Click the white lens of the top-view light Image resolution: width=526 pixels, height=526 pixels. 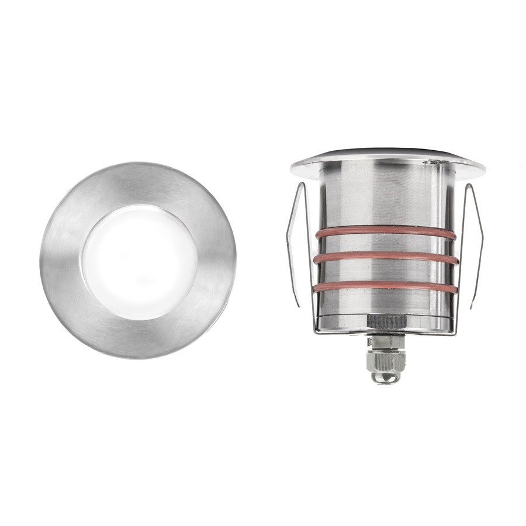[139, 260]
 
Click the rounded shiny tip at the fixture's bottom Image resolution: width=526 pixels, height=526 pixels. [383, 379]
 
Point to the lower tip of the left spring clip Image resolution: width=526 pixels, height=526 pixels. [299, 305]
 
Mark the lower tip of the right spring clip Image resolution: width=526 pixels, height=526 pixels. [472, 305]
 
